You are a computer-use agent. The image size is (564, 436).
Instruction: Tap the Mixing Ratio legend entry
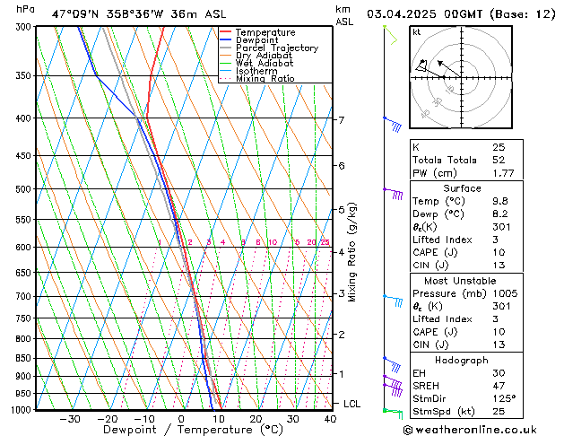click(x=265, y=79)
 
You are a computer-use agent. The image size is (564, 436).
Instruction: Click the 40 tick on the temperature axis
click(x=330, y=419)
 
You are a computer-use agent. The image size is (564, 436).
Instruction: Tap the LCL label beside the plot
click(x=352, y=405)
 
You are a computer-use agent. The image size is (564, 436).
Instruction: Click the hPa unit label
click(x=26, y=10)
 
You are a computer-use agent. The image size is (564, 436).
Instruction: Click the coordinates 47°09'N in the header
click(x=74, y=13)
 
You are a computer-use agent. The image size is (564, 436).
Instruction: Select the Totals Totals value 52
click(x=499, y=160)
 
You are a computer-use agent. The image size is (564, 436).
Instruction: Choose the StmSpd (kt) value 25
click(x=499, y=412)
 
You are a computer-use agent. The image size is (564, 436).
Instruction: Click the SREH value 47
click(x=499, y=386)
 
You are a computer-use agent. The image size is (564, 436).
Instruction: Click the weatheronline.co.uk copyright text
click(x=485, y=428)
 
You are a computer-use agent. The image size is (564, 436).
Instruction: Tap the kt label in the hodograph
click(x=416, y=32)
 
